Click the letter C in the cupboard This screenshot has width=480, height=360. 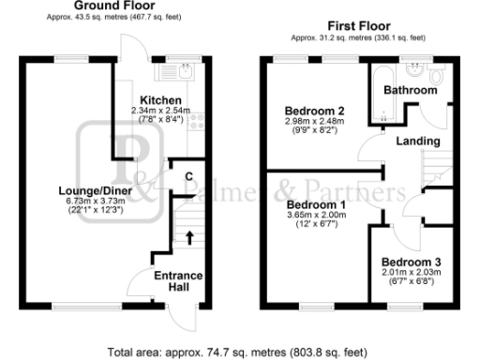tap(187, 175)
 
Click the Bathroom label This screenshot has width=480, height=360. tap(413, 90)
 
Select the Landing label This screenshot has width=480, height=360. tap(418, 141)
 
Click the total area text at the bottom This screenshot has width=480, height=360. tap(239, 352)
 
